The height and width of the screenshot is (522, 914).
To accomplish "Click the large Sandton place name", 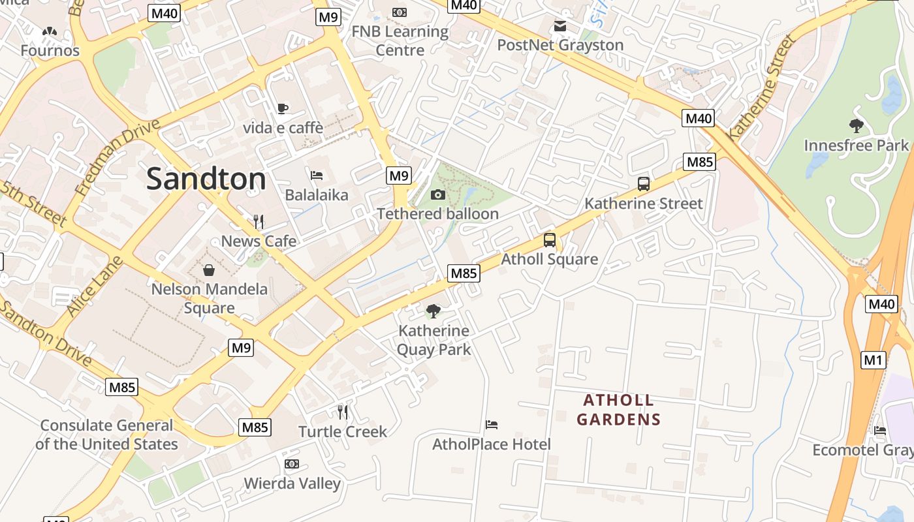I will pyautogui.click(x=206, y=179).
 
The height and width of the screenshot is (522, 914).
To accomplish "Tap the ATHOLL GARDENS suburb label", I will pyautogui.click(x=618, y=410).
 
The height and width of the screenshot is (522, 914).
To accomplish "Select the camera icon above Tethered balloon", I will pyautogui.click(x=438, y=194).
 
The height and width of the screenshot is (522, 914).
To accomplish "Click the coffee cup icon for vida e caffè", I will pyautogui.click(x=283, y=108).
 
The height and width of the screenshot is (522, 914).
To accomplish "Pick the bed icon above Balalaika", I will pyautogui.click(x=317, y=175).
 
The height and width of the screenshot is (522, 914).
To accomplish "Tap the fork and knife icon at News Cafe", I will pyautogui.click(x=259, y=221).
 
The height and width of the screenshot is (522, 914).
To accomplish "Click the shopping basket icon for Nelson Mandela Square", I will pyautogui.click(x=209, y=269).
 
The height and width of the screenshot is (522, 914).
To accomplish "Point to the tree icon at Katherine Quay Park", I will pyautogui.click(x=433, y=311).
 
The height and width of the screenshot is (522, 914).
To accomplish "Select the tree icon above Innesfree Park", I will pyautogui.click(x=856, y=125).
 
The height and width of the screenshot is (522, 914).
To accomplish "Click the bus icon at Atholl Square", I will pyautogui.click(x=550, y=239).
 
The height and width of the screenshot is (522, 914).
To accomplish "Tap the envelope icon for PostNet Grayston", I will pyautogui.click(x=559, y=25).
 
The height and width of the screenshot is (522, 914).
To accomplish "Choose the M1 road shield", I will pyautogui.click(x=873, y=360).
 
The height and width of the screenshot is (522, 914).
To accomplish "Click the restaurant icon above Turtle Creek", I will pyautogui.click(x=343, y=412).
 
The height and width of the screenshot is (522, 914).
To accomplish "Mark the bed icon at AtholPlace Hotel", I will pyautogui.click(x=492, y=425).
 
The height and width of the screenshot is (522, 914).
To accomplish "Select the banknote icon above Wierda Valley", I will pyautogui.click(x=292, y=464).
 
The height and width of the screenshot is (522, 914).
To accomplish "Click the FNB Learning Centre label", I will pyautogui.click(x=400, y=40).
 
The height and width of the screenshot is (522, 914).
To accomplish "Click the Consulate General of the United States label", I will pyautogui.click(x=106, y=435).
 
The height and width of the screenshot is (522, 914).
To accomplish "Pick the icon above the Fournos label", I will pyautogui.click(x=50, y=31).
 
